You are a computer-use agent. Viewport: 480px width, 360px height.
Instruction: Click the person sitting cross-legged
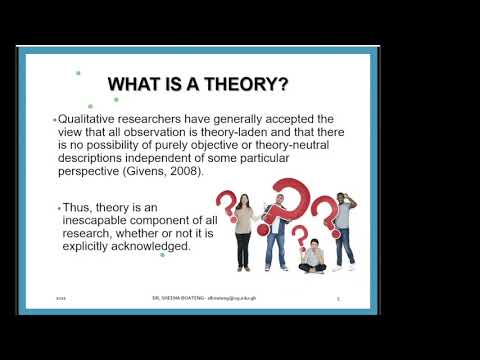coord(312,258)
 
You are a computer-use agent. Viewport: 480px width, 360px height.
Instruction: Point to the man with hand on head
coord(345,228)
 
